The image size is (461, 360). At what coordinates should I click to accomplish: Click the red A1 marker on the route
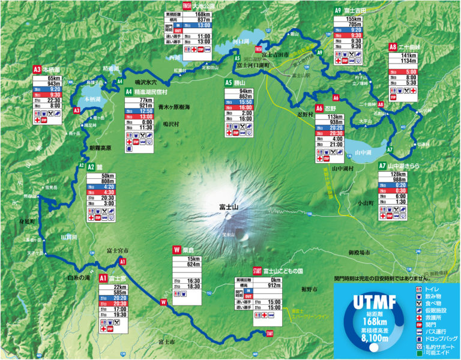pos(122,262)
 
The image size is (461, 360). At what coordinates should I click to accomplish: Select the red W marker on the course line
pos(163,302)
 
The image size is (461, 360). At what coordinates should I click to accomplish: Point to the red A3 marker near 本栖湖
pos(76,110)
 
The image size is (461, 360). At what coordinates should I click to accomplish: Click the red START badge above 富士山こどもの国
pos(258,271)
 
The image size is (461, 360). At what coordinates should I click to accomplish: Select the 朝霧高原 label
pos(100,147)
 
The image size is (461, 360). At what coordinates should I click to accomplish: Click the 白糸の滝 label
pos(79,278)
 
